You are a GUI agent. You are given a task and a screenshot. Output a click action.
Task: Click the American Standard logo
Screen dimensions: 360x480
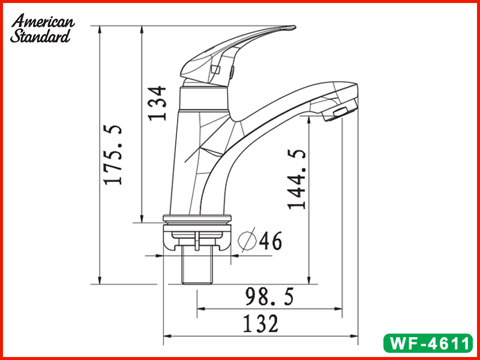42,29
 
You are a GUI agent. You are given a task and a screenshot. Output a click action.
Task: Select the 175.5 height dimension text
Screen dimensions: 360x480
112,155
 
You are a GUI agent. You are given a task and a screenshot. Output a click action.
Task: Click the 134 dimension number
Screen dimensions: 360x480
157,103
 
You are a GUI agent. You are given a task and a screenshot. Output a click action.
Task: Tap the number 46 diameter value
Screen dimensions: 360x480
271,241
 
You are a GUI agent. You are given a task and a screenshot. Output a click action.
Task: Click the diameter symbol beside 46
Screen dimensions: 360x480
248,241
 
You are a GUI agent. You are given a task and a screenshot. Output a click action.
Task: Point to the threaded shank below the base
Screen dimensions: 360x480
197,268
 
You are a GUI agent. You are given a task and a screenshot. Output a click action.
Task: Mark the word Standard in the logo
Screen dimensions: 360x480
40,36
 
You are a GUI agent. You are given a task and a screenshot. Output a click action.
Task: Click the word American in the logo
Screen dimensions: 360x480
44,22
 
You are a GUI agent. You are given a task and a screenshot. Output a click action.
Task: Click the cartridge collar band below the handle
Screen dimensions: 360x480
203,99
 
